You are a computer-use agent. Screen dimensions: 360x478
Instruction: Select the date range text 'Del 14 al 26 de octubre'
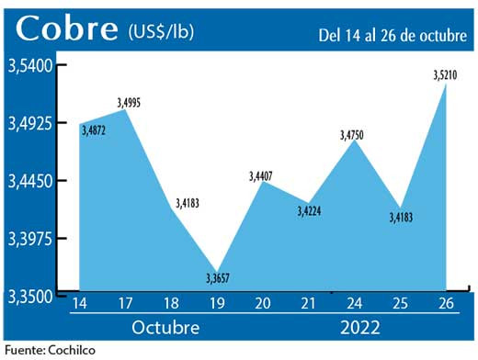[x=392, y=37]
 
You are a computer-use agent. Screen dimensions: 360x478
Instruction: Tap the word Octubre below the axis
[x=164, y=327]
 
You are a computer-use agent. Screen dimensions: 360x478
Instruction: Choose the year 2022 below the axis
[x=360, y=327]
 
